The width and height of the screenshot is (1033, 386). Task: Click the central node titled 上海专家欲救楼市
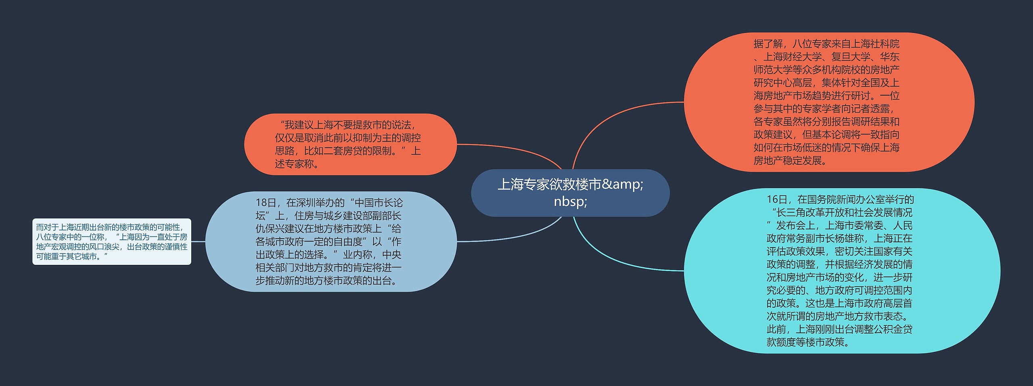click(x=570, y=193)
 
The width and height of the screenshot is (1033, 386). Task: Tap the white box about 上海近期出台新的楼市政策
click(x=111, y=241)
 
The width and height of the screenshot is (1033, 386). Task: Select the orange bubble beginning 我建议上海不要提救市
click(x=350, y=144)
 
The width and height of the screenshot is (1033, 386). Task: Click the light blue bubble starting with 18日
click(x=331, y=241)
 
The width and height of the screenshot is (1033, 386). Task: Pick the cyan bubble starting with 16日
click(x=842, y=271)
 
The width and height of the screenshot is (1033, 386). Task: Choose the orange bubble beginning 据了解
click(x=829, y=102)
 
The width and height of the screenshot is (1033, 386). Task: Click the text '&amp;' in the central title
click(x=622, y=185)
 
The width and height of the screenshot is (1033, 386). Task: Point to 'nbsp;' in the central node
click(x=570, y=201)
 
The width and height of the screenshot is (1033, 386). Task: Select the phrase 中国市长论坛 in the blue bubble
click(x=378, y=203)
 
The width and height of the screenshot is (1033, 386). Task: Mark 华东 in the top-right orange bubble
click(x=889, y=57)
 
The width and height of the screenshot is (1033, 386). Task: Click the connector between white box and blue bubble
click(x=198, y=241)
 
